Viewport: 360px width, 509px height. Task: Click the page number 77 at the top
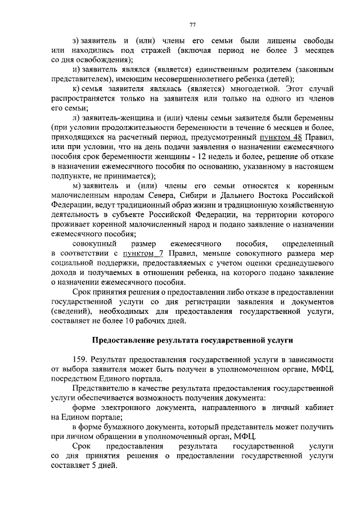(x=192, y=24)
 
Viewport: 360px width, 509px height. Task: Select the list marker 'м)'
(x=78, y=186)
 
